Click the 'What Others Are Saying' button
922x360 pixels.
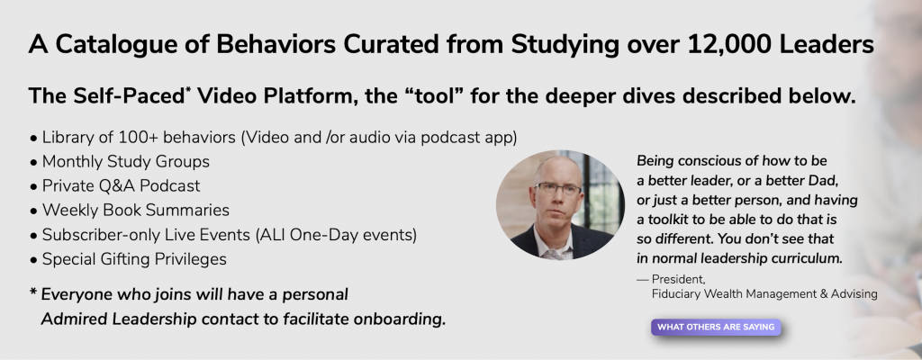(x=716, y=327)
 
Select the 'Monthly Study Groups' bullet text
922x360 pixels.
(x=125, y=161)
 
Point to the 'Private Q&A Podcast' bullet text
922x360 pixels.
(x=121, y=186)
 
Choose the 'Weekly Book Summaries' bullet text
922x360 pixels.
(x=135, y=210)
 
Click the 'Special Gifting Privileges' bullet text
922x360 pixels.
(x=134, y=259)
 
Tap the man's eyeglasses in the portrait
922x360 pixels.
(x=556, y=189)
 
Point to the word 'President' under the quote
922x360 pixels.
(x=678, y=279)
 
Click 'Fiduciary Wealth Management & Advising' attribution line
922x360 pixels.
(x=764, y=292)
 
